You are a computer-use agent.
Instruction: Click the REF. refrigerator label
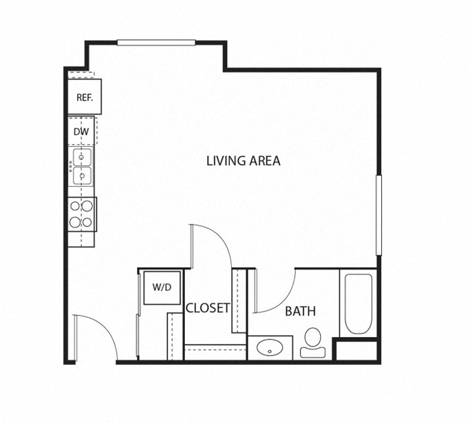click(84, 97)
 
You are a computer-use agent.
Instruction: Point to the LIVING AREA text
click(244, 161)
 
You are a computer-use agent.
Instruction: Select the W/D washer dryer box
click(162, 288)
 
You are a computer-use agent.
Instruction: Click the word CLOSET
click(208, 307)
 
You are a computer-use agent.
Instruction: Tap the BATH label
click(300, 311)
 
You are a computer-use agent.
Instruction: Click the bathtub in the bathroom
click(357, 303)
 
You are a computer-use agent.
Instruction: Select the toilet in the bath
click(313, 342)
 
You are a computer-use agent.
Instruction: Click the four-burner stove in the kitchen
click(82, 213)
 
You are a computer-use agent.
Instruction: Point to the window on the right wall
click(379, 215)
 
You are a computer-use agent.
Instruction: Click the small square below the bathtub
click(357, 349)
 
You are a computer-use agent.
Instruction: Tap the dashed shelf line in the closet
click(216, 349)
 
